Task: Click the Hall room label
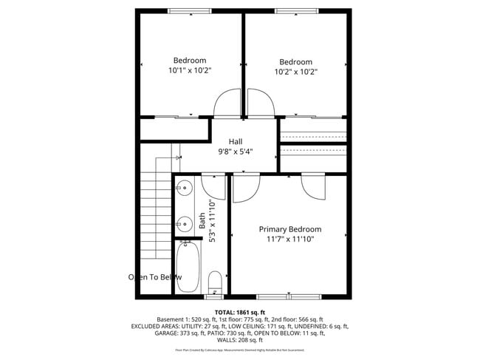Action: click(236, 141)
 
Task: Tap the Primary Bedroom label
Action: click(289, 229)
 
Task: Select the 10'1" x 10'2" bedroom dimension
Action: click(190, 71)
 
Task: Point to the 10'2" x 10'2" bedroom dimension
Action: click(295, 72)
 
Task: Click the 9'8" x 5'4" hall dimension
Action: click(236, 152)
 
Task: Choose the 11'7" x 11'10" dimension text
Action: click(289, 240)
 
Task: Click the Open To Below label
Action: click(155, 277)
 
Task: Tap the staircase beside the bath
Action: click(155, 214)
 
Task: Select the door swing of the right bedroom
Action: click(260, 103)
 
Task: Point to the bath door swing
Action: click(214, 186)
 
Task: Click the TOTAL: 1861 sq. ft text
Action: click(239, 312)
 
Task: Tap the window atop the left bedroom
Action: click(190, 10)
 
